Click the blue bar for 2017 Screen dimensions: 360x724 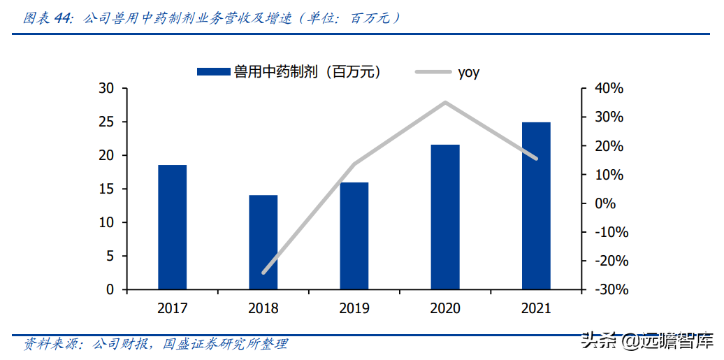tap(172, 227)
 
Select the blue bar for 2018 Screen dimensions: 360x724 tap(263, 242)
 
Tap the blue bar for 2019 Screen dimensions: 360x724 tap(354, 236)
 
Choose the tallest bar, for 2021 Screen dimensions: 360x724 tap(536, 206)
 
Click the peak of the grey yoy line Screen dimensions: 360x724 tap(445, 102)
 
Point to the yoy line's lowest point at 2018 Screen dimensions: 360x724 tap(263, 273)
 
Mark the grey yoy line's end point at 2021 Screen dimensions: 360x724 tap(536, 159)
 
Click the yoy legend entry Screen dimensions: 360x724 tap(468, 72)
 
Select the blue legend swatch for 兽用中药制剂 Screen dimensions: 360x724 tap(213, 71)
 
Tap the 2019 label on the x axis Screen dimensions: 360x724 tap(354, 308)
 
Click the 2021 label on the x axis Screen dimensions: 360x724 tap(536, 308)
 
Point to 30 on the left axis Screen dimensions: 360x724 tap(106, 89)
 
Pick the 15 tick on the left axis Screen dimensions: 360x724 tap(106, 189)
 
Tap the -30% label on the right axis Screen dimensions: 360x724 tap(608, 289)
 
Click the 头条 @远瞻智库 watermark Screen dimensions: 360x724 tap(647, 341)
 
